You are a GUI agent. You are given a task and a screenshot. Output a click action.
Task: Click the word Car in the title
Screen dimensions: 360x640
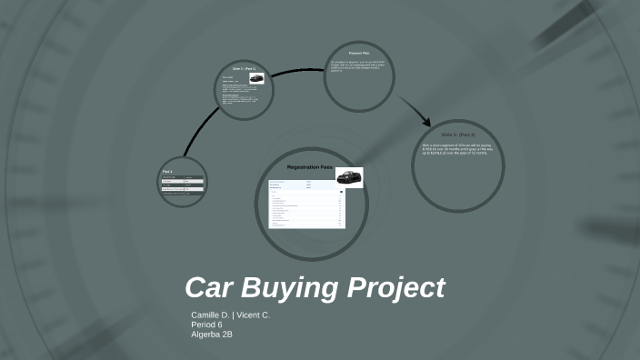tap(211, 288)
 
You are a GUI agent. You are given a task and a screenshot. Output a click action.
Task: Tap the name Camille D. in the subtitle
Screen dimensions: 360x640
tap(209, 315)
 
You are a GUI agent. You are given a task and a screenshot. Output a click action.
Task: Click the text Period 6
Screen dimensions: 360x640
tap(206, 325)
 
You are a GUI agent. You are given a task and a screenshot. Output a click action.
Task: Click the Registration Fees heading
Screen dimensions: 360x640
tap(310, 168)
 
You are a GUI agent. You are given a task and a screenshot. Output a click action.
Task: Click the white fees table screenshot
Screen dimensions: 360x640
tap(305, 203)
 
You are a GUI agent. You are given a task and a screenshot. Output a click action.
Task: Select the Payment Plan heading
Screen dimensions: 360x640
tap(360, 53)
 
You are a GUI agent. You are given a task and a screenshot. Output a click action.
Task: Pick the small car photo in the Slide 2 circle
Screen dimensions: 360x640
tap(256, 79)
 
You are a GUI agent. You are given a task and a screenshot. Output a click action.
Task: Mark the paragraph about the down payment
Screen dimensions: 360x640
tap(455, 148)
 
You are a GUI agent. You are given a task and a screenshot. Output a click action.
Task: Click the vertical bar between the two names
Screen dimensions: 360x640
tap(232, 315)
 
